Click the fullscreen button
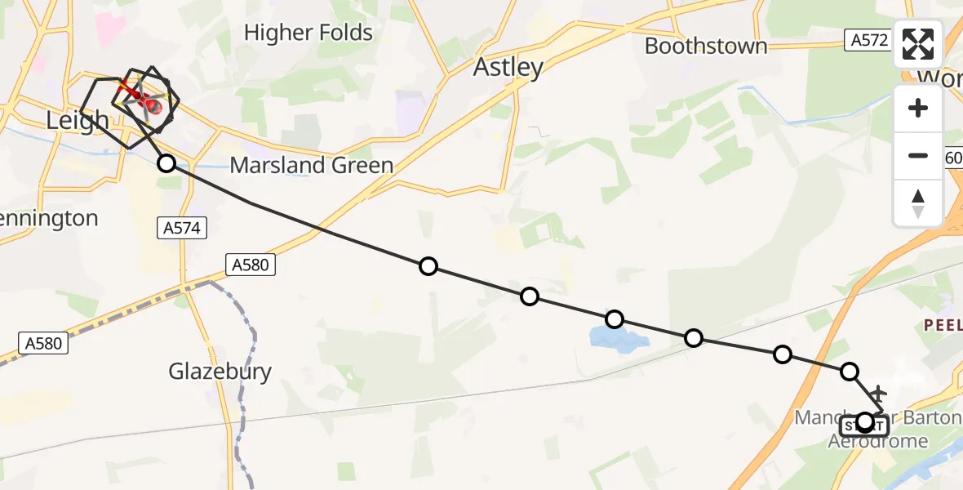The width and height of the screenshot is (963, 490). [x=918, y=44]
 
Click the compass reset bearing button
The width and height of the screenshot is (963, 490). [x=918, y=203]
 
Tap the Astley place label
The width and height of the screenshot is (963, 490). [x=508, y=67]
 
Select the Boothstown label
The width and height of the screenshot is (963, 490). [x=706, y=46]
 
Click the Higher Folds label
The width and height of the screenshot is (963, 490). [x=308, y=33]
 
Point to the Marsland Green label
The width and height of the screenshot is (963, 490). [x=312, y=165]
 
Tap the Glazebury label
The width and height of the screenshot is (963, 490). [x=220, y=372]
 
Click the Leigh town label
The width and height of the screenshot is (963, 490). [x=78, y=121]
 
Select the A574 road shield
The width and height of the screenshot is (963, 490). [x=181, y=229]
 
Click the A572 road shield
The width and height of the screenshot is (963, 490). [x=867, y=39]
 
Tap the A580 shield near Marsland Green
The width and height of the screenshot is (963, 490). [x=250, y=264]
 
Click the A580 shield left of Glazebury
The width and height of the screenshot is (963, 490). [x=43, y=344]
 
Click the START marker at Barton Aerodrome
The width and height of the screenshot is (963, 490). [x=863, y=424]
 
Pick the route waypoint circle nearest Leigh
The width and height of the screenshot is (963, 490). [x=166, y=163]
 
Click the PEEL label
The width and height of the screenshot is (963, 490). [x=943, y=325]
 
